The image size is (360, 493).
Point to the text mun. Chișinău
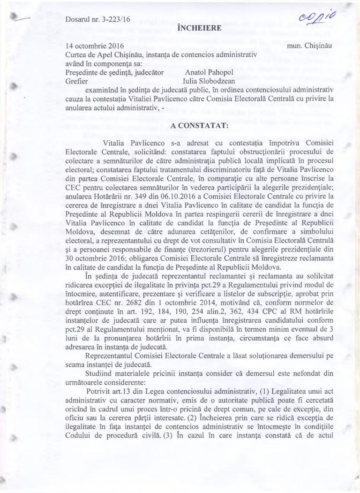(311, 46)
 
